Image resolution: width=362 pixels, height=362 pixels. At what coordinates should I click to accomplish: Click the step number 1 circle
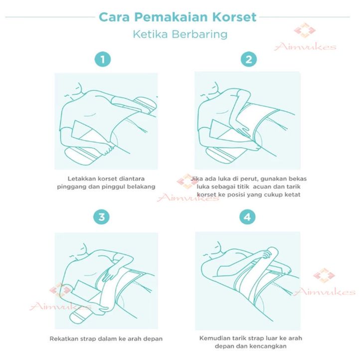[103, 59]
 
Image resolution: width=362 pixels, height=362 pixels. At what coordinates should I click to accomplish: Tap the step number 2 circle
[249, 59]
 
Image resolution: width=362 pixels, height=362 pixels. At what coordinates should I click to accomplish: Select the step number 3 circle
[102, 217]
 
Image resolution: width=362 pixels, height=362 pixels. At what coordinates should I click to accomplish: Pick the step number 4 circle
[247, 217]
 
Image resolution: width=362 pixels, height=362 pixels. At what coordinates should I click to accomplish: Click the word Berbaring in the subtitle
[200, 34]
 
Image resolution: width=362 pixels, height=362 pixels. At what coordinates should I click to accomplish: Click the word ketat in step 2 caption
[293, 194]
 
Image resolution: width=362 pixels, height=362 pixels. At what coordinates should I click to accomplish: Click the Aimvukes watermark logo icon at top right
[305, 30]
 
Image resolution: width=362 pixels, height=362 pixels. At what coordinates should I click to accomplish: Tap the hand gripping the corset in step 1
[107, 150]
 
